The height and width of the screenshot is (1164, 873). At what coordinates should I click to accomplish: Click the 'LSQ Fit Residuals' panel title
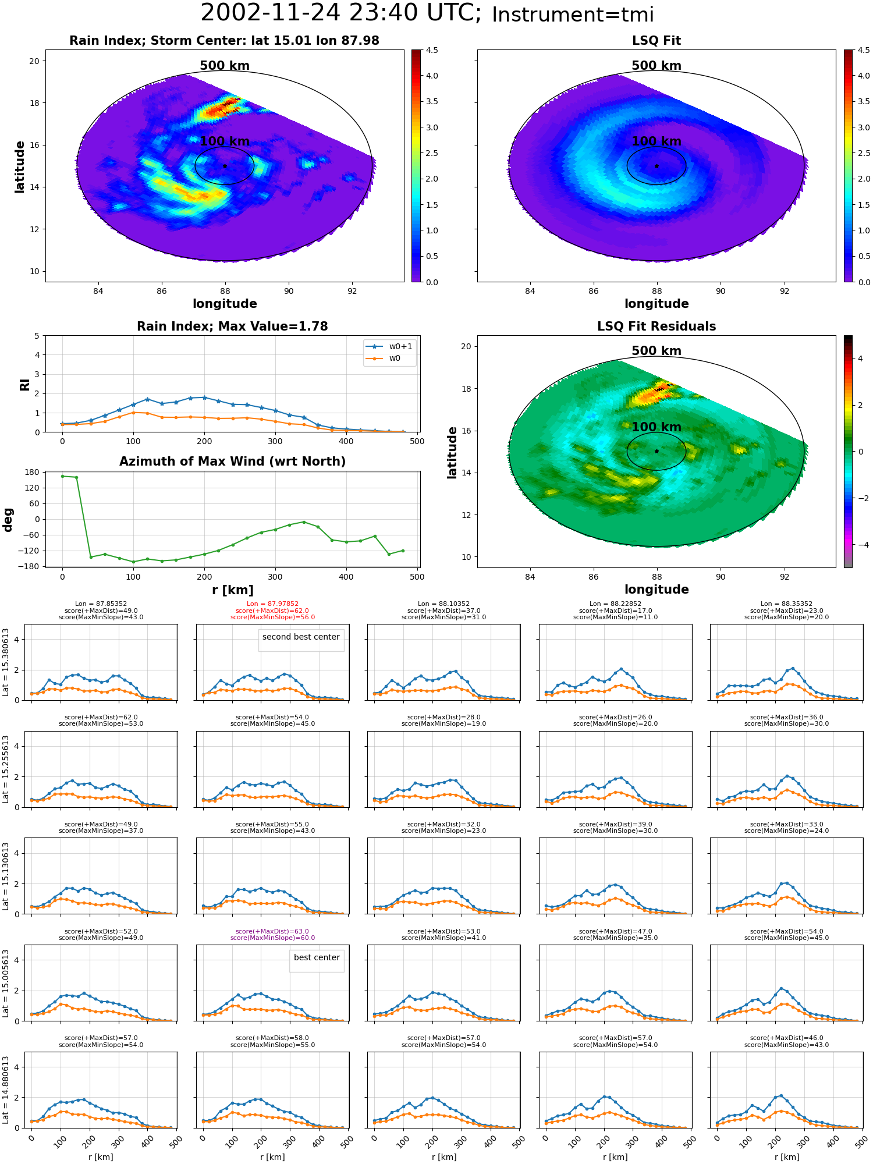656,327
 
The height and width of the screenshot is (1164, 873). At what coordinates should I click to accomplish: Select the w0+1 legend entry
389,346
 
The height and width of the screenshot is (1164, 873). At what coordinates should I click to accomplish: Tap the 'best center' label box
317,957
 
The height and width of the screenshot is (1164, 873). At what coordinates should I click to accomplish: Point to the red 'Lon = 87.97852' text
273,604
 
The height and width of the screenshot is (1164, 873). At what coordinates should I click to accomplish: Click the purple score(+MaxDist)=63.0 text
272,931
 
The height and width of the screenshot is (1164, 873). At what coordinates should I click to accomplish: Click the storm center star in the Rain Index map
225,166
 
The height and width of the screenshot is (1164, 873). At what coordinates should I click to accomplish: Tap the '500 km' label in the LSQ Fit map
656,66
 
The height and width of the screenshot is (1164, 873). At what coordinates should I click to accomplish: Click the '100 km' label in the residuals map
656,427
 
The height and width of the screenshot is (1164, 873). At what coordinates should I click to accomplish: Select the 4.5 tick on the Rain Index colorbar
432,50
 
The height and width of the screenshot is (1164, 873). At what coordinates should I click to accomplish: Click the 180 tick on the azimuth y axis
33,472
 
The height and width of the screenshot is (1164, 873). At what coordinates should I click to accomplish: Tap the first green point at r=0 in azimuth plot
62,476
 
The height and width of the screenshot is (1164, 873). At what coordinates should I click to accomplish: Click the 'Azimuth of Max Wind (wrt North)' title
232,462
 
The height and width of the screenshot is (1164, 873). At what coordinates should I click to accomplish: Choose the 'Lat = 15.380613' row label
6,662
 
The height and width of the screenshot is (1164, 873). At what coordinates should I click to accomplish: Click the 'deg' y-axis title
8,519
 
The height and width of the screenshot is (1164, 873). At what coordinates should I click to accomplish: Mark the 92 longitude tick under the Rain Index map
352,291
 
